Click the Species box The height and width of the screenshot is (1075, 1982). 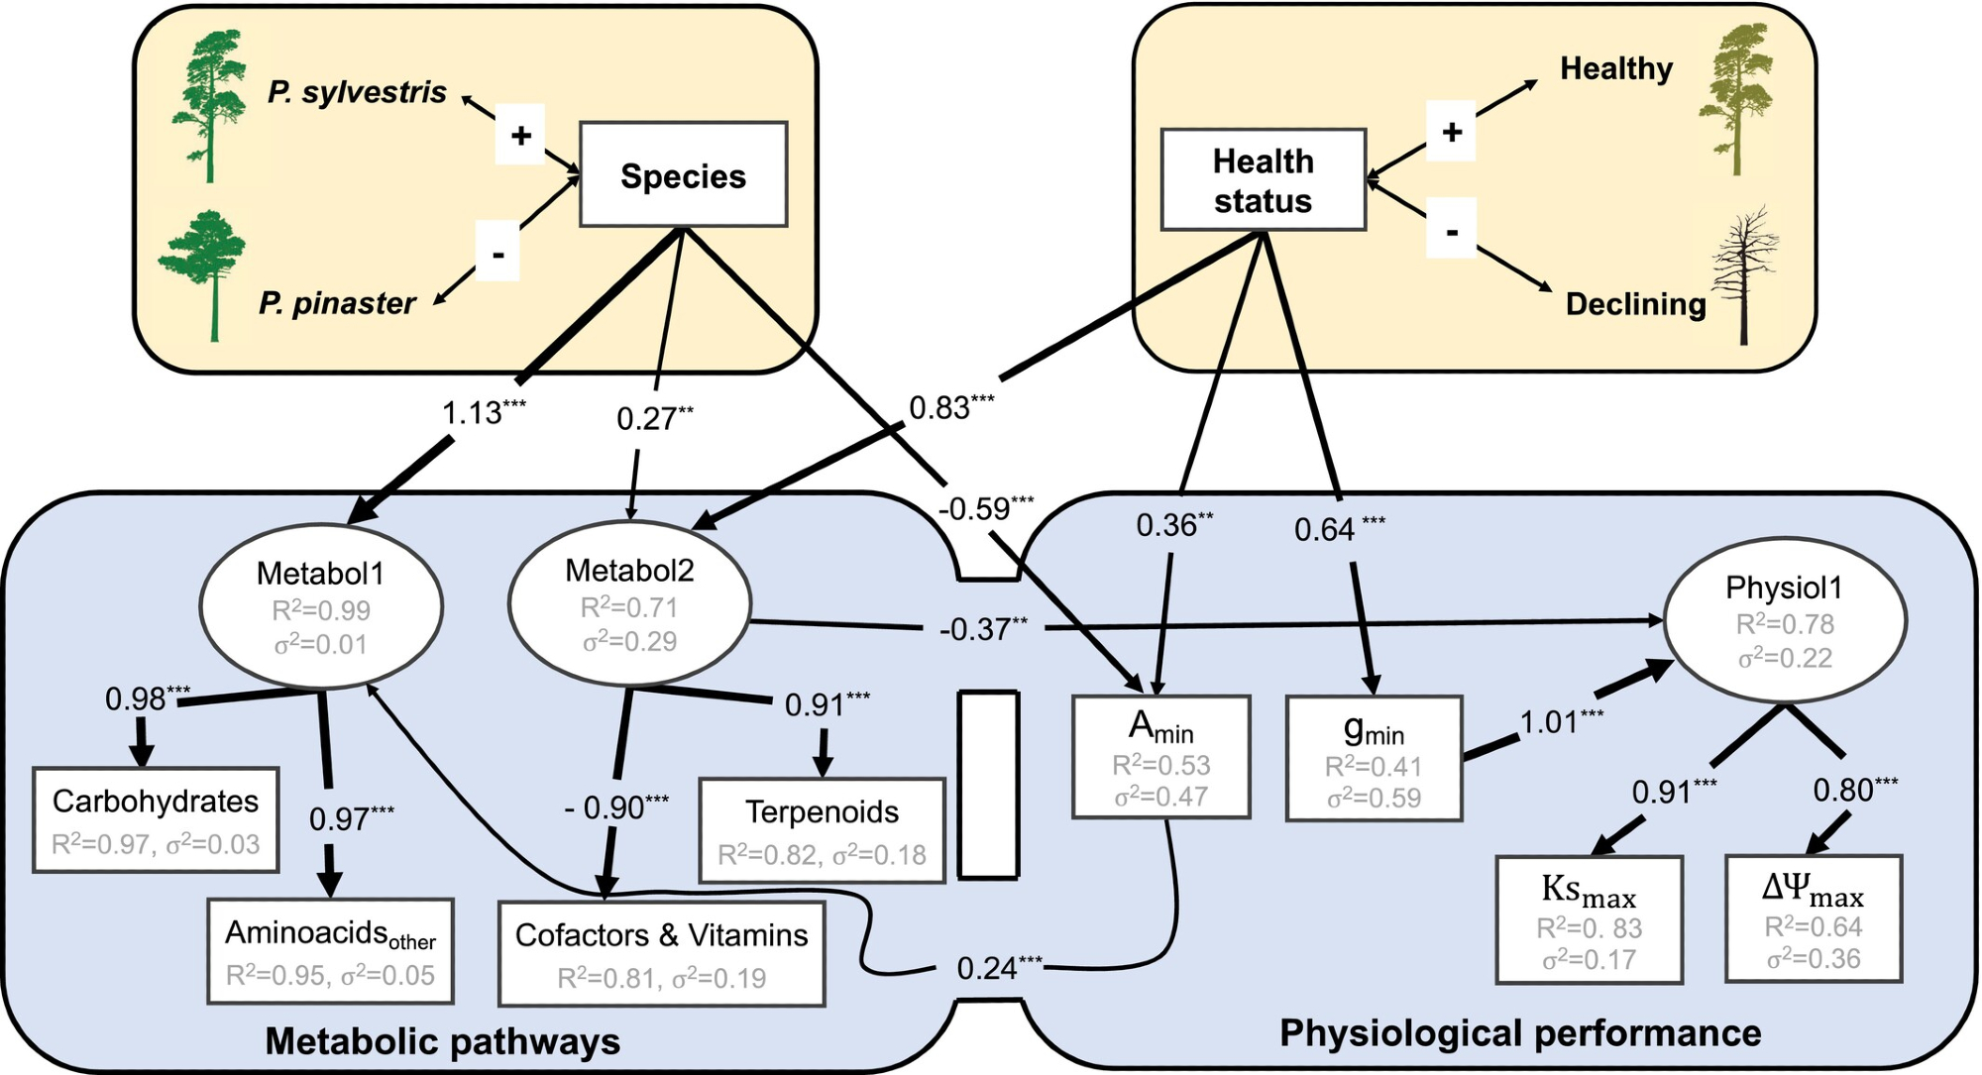(683, 175)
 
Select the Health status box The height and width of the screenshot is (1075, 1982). (1264, 180)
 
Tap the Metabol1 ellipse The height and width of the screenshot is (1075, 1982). (321, 606)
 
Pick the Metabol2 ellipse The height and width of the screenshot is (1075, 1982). (629, 603)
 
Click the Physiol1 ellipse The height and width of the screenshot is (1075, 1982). (1784, 621)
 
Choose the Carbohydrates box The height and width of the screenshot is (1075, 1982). (156, 819)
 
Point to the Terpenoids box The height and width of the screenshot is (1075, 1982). (822, 830)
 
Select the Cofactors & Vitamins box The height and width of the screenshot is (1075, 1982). (661, 953)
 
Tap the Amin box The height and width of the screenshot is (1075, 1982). (1160, 758)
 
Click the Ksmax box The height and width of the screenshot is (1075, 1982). (1589, 919)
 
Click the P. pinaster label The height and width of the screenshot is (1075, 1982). (337, 302)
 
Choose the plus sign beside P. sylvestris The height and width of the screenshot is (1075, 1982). (520, 135)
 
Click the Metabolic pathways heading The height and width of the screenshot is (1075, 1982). (442, 1041)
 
